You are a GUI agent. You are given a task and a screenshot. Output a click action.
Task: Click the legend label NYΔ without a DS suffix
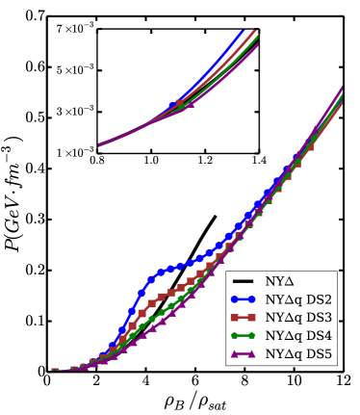click(x=280, y=281)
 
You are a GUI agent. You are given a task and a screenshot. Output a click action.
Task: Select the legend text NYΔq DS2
click(x=298, y=299)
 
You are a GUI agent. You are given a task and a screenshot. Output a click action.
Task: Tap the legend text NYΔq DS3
click(x=298, y=318)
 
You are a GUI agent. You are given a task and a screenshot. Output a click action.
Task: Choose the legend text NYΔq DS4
click(x=298, y=336)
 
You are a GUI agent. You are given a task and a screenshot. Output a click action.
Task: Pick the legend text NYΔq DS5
click(x=298, y=354)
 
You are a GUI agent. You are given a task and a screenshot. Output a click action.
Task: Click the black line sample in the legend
click(x=243, y=281)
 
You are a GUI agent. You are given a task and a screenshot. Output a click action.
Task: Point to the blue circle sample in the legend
click(x=243, y=299)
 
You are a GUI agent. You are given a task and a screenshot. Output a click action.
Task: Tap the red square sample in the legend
click(x=243, y=318)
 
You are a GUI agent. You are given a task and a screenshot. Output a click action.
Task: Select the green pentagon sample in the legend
click(x=243, y=336)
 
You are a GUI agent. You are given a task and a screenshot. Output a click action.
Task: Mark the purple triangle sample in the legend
click(x=243, y=354)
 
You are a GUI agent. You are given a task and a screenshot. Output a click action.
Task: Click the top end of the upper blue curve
click(x=241, y=30)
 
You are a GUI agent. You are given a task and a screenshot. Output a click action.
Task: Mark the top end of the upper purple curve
click(x=258, y=44)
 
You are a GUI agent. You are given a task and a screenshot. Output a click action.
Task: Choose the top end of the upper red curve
click(x=255, y=32)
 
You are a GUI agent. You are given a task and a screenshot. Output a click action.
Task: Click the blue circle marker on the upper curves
click(x=173, y=105)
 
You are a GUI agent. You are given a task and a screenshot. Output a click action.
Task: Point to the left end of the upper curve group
click(x=99, y=144)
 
